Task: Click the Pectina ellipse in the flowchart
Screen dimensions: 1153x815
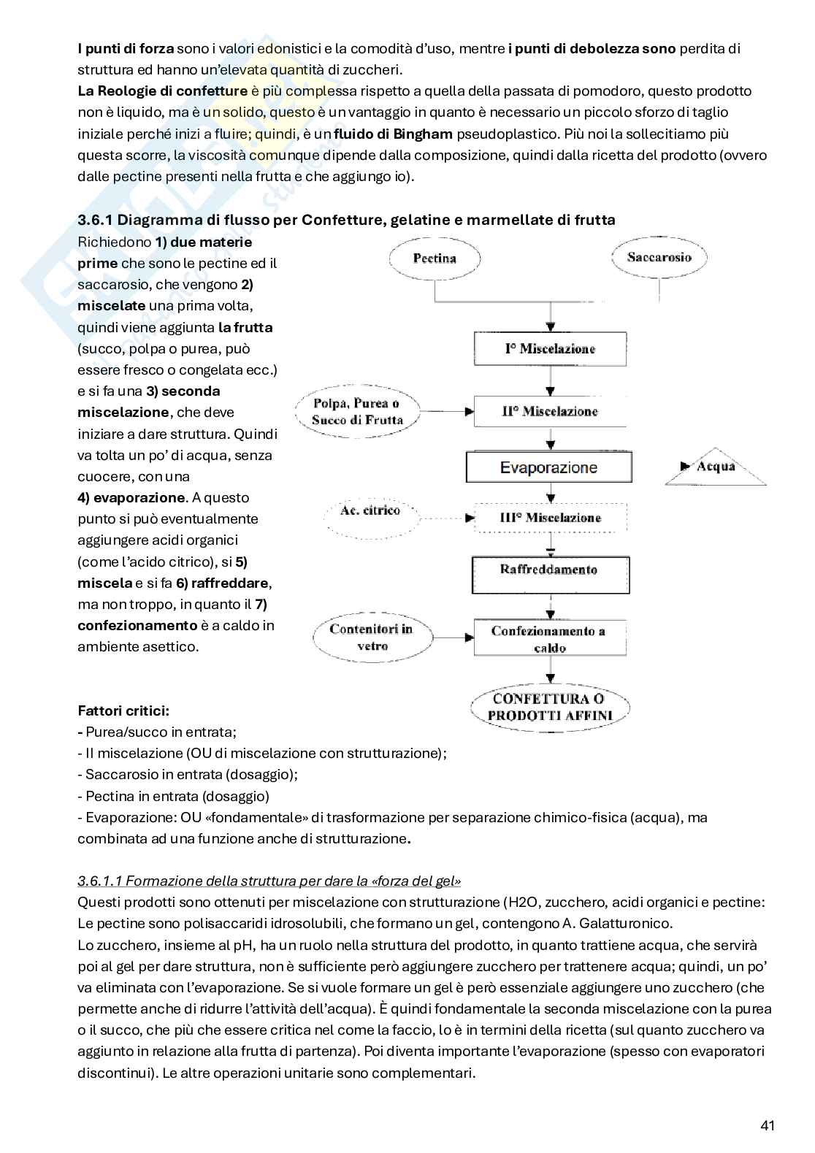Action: point(435,258)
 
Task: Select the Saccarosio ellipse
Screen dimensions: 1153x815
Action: point(659,257)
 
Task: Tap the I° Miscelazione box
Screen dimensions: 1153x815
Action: point(550,349)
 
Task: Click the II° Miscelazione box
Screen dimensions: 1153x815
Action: point(550,412)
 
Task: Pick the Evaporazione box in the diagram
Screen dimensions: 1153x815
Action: point(548,467)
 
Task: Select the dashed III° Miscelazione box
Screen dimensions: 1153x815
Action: point(550,518)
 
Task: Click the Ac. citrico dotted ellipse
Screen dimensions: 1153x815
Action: point(370,511)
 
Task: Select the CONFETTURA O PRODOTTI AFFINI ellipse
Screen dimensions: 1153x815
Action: point(549,708)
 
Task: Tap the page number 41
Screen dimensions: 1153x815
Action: point(767,1125)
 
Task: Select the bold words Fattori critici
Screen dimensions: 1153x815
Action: point(123,710)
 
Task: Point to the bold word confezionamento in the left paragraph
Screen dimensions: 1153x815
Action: point(137,626)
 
